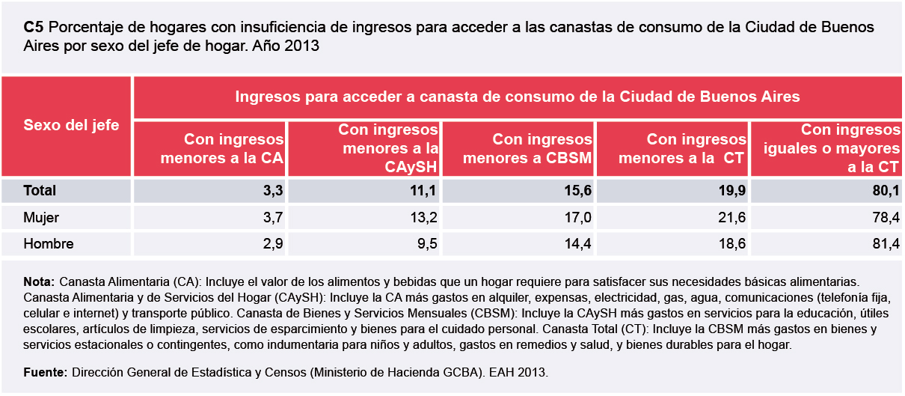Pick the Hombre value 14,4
578,244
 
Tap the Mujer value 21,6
732,218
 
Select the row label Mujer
41,218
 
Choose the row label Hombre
49,244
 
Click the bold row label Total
40,191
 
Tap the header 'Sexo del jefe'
71,125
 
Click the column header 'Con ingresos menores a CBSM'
527,148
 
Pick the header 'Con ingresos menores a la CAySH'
390,148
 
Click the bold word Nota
39,282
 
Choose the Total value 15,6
578,191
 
